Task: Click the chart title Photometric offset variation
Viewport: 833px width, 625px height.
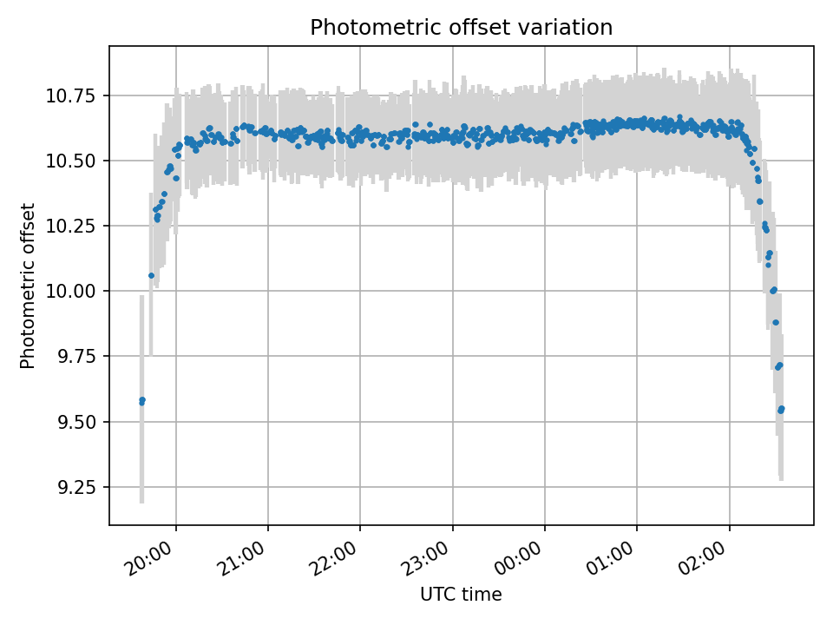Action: [461, 27]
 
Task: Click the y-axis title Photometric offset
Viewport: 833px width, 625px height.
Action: [27, 286]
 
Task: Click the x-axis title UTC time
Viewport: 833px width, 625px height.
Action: [461, 594]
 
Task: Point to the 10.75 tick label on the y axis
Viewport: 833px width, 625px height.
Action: [70, 95]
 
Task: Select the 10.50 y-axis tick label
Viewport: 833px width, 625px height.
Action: [70, 161]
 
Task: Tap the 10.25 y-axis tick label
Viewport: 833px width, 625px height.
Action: [70, 226]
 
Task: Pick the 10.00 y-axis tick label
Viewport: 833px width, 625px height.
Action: [70, 291]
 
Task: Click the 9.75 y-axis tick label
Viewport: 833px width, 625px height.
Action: [76, 356]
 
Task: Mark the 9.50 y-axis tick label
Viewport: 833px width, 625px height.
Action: [76, 422]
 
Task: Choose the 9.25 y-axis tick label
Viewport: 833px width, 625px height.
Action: [76, 487]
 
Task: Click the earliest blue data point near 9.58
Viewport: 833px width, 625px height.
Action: [141, 401]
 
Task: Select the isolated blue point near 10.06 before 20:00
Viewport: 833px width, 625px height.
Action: [151, 275]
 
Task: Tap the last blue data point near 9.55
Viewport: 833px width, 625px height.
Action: [781, 409]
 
